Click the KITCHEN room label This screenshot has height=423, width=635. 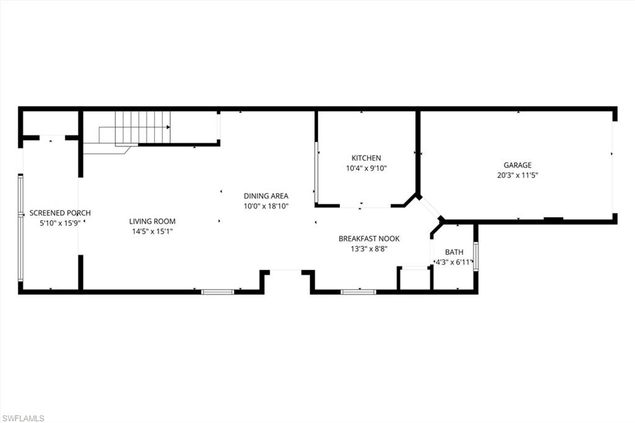coord(366,158)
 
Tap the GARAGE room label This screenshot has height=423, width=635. coord(517,165)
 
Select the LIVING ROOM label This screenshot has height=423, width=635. coord(152,221)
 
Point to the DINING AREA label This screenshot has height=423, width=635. coord(265,196)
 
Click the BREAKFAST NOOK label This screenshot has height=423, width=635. coord(369,239)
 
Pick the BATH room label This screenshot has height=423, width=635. coord(454,252)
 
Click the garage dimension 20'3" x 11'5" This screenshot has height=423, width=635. coord(517,175)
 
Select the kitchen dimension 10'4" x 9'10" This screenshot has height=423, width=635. coord(366,168)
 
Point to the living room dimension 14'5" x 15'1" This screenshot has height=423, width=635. coord(152,231)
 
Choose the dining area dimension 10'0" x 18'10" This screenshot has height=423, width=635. coord(265,206)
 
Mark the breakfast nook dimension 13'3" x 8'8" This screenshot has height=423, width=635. coord(369,249)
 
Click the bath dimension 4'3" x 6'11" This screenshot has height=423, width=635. coord(454,262)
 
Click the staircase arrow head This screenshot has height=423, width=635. coord(169,127)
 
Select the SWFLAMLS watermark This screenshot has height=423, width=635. coord(23,418)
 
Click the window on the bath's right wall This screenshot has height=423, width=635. coord(476,256)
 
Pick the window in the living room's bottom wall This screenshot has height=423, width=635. coord(218,292)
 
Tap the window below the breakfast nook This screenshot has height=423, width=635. coord(358,292)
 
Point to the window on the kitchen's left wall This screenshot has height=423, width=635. coord(316,174)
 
